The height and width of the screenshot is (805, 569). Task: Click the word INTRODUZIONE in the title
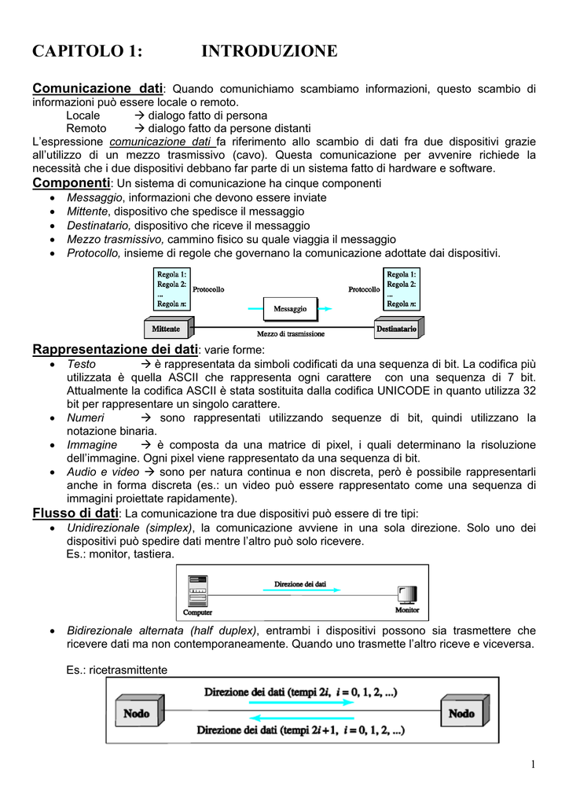pyautogui.click(x=269, y=52)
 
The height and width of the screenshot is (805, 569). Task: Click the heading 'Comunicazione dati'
pyautogui.click(x=97, y=88)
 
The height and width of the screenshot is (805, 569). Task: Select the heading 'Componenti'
pyautogui.click(x=71, y=182)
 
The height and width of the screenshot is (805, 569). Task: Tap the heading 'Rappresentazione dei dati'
pyautogui.click(x=116, y=349)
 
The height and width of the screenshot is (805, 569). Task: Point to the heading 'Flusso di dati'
pyautogui.click(x=75, y=513)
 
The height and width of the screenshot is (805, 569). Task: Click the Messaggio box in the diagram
pyautogui.click(x=290, y=309)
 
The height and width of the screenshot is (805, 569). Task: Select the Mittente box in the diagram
pyautogui.click(x=167, y=328)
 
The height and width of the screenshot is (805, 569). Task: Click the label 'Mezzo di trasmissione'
pyautogui.click(x=290, y=334)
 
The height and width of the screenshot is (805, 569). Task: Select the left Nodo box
pyautogui.click(x=137, y=713)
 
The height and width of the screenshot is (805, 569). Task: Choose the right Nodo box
pyautogui.click(x=461, y=713)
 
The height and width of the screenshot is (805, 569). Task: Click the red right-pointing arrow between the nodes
pyautogui.click(x=299, y=705)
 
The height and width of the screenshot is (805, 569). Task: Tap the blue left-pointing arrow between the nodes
pyautogui.click(x=299, y=718)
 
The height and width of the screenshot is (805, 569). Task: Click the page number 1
pyautogui.click(x=532, y=765)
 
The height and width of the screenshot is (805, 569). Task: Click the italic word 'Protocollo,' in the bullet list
pyautogui.click(x=94, y=253)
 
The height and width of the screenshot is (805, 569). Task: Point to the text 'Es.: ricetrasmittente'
pyautogui.click(x=117, y=670)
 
